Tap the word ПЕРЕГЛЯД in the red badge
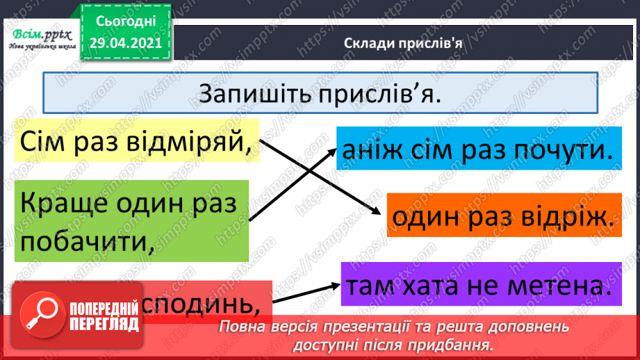click(105, 325)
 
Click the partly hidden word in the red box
click(215, 304)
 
